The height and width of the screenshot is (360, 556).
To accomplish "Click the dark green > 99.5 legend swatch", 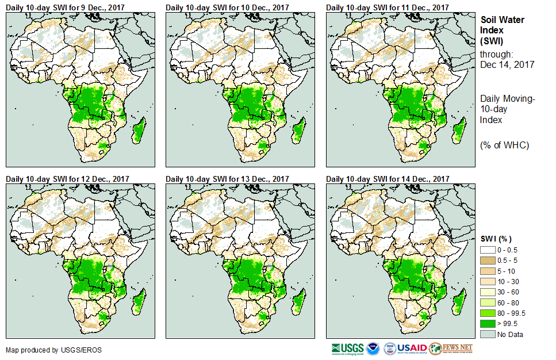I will (488, 324).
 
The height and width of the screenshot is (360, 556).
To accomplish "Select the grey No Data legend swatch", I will (488, 334).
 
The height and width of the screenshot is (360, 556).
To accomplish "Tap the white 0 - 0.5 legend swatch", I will (488, 250).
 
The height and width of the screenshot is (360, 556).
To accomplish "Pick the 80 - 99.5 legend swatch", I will (488, 313).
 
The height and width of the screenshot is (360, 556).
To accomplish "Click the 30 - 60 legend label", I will (508, 292).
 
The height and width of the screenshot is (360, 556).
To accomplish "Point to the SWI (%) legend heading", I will (496, 239).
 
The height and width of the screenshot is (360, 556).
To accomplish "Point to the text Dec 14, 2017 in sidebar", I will (507, 65).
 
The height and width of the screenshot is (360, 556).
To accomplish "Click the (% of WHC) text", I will (504, 145).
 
